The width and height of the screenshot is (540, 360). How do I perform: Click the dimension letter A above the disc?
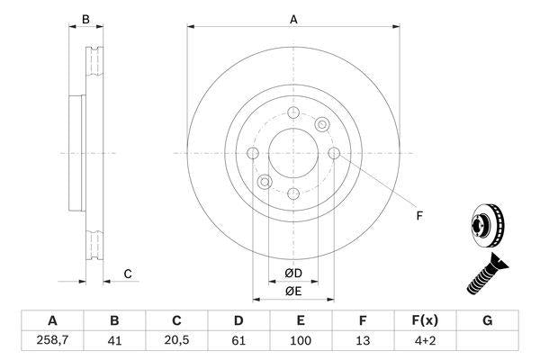pos(293,18)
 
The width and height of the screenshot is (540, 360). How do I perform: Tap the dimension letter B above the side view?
pos(86,18)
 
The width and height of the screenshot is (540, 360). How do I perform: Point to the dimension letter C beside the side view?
pos(128,274)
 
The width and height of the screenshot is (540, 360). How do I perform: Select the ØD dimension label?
pos(293,274)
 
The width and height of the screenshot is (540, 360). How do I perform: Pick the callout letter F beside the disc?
pos(418,214)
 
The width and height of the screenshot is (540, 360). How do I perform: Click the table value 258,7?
pos(51,340)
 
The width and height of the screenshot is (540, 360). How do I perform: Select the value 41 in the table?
pos(114,340)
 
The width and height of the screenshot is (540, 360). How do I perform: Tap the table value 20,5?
pos(176,340)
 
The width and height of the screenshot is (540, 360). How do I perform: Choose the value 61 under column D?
pos(238,340)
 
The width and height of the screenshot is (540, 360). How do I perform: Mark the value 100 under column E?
pos(301,340)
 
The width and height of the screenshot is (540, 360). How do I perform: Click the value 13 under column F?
pos(363,340)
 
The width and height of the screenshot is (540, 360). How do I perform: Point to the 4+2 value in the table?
pos(425,340)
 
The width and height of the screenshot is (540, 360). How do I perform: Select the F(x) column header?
pos(425,320)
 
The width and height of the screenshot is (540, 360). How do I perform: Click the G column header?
pos(487,320)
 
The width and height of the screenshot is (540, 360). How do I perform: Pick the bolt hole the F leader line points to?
pos(334,153)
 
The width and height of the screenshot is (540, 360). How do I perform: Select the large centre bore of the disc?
pos(293,153)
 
